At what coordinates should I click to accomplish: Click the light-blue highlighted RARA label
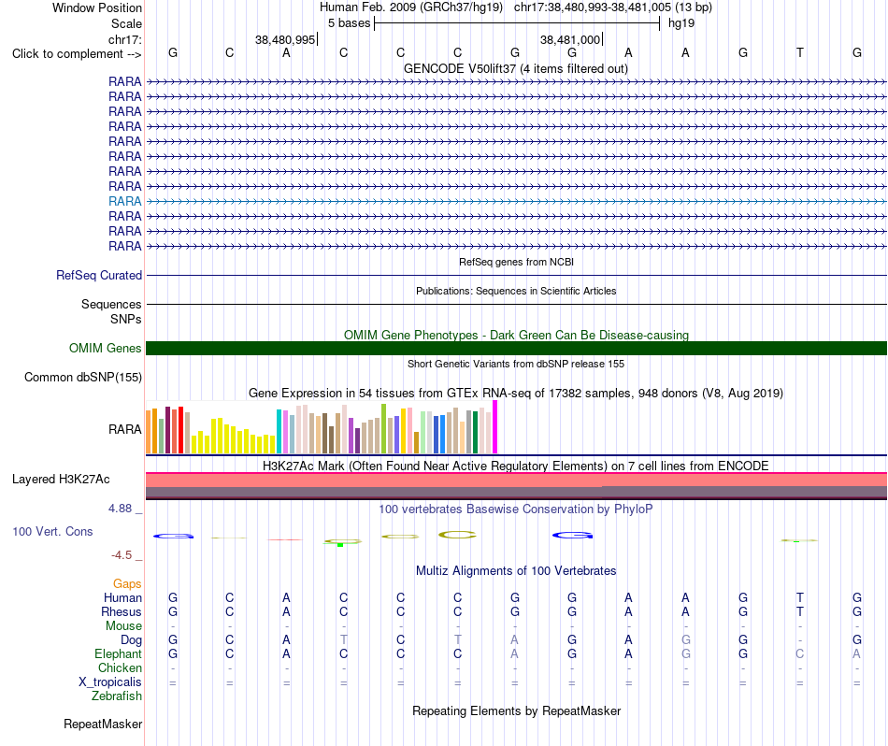pyautogui.click(x=124, y=201)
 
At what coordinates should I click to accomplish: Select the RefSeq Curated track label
pyautogui.click(x=99, y=275)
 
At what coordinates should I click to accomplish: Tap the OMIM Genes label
pyautogui.click(x=105, y=349)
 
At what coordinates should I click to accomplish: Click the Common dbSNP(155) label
pyautogui.click(x=83, y=378)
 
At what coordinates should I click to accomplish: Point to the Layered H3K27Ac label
pyautogui.click(x=61, y=480)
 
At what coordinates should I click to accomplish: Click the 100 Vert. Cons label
pyautogui.click(x=52, y=531)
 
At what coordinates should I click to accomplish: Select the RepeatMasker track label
pyautogui.click(x=103, y=724)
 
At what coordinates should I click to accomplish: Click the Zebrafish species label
pyautogui.click(x=117, y=696)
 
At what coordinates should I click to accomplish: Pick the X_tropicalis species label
pyautogui.click(x=110, y=682)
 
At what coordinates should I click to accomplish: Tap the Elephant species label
pyautogui.click(x=118, y=654)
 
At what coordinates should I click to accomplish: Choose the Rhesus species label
pyautogui.click(x=122, y=611)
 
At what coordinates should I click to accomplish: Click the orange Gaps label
pyautogui.click(x=127, y=584)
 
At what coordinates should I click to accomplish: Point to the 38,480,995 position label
pyautogui.click(x=285, y=39)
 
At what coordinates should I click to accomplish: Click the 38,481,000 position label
pyautogui.click(x=570, y=39)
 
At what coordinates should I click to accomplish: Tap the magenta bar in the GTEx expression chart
pyautogui.click(x=495, y=427)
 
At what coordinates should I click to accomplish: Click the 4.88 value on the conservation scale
pyautogui.click(x=120, y=509)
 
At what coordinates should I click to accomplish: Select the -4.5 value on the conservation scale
pyautogui.click(x=122, y=555)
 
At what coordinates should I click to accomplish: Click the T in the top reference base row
pyautogui.click(x=799, y=52)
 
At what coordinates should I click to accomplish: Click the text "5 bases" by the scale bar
pyautogui.click(x=349, y=23)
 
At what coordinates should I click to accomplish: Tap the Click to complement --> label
pyautogui.click(x=77, y=54)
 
